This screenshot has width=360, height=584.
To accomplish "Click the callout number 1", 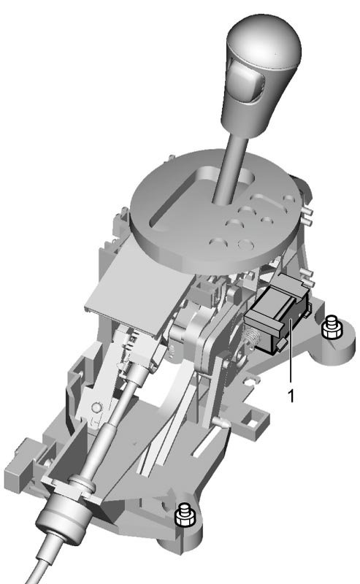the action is [x=291, y=396].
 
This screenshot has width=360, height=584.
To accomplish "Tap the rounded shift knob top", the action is [x=264, y=43].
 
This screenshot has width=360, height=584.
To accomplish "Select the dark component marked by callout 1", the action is [x=278, y=314].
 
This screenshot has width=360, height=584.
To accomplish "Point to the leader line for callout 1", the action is [x=291, y=350].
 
